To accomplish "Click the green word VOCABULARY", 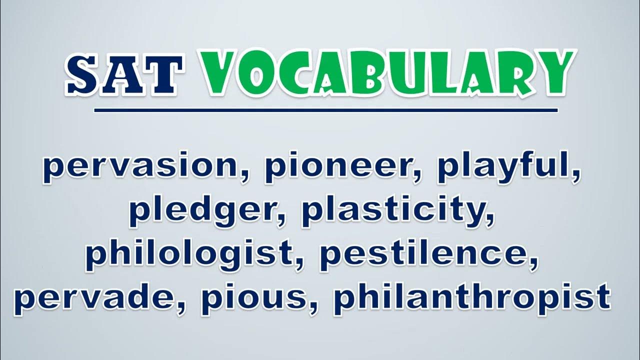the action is click(x=387, y=73).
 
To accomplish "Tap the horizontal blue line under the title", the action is click(x=325, y=110).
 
